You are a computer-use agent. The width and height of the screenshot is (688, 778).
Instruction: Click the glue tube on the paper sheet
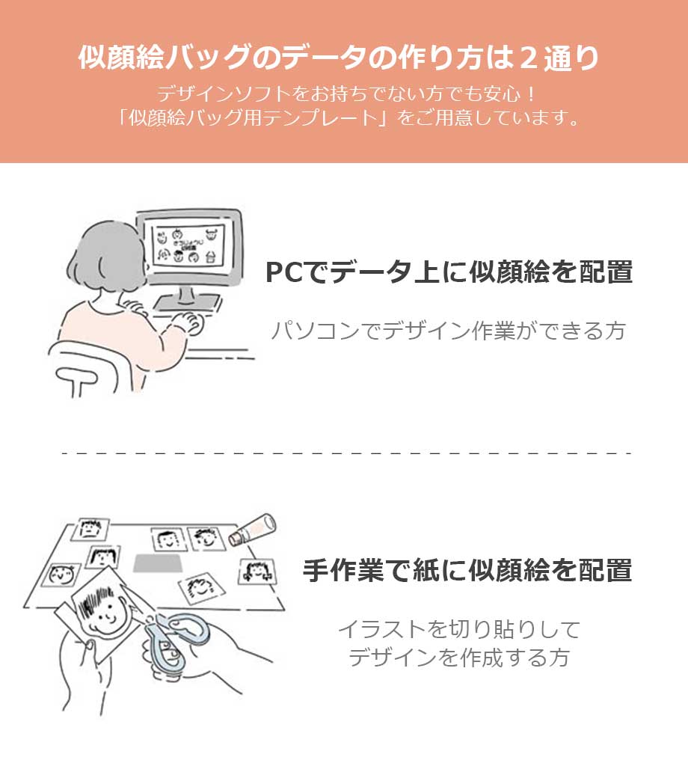(x=252, y=529)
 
